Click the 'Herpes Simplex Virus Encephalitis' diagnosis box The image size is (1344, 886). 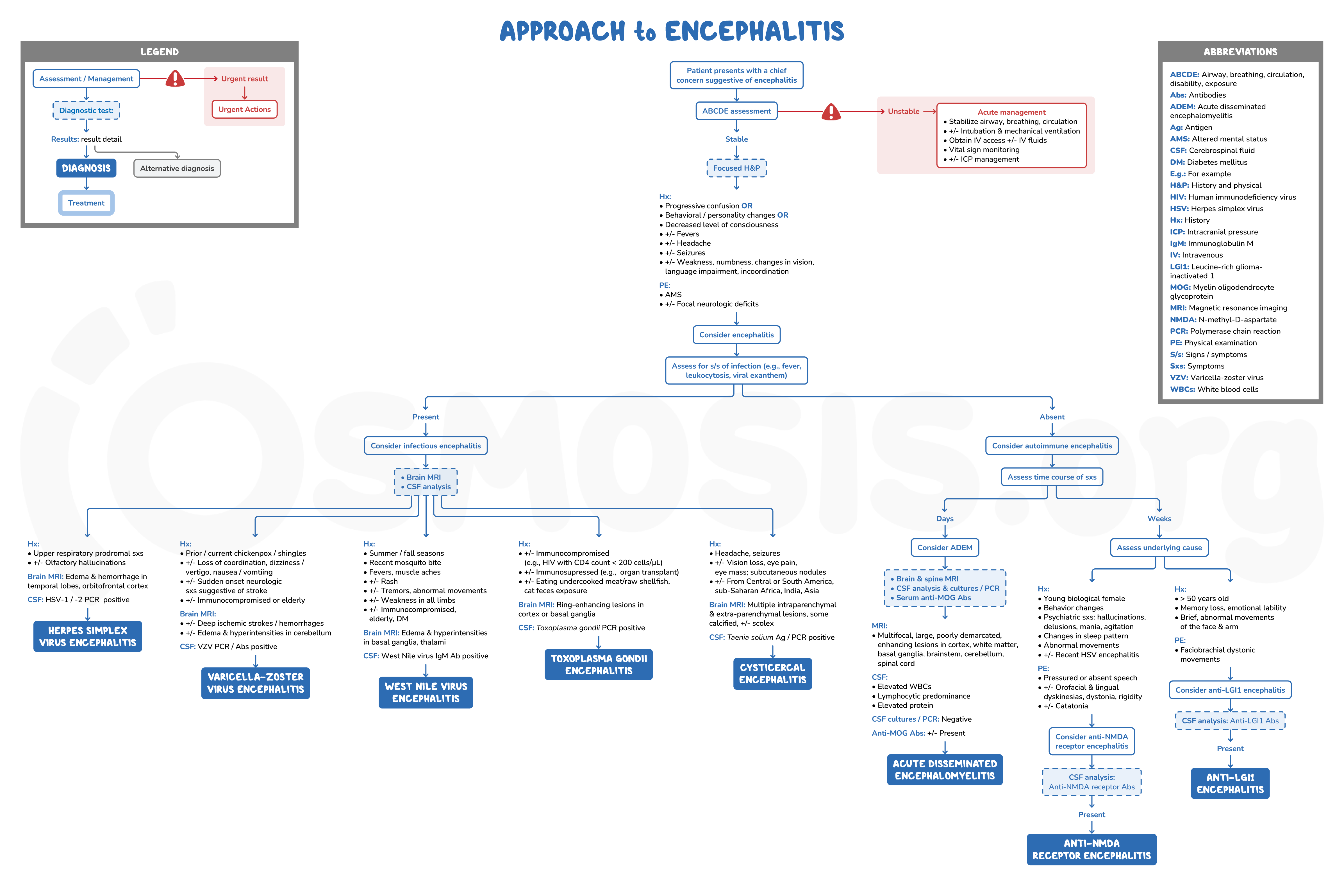click(x=88, y=636)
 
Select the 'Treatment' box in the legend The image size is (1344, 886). click(x=87, y=203)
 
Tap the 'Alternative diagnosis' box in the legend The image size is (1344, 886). click(x=177, y=168)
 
